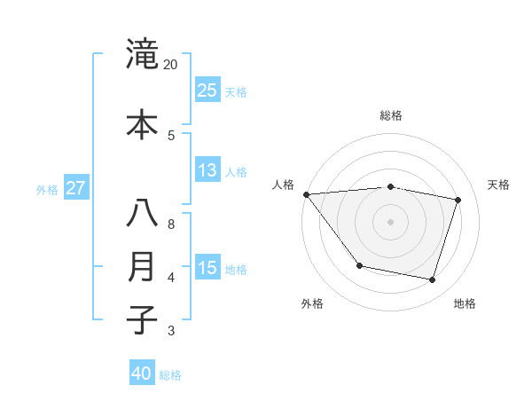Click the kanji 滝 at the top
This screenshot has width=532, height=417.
click(x=142, y=53)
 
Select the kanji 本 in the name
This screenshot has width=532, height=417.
click(x=142, y=123)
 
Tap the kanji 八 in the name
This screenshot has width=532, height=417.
click(x=142, y=214)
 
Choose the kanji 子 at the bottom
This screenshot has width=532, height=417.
click(x=142, y=319)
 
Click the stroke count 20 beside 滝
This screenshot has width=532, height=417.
click(x=171, y=65)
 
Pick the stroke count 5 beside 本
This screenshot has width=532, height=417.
click(x=171, y=135)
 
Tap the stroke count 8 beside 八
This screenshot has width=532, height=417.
click(x=171, y=224)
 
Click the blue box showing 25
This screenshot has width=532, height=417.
click(x=207, y=90)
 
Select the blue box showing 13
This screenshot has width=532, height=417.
click(x=207, y=170)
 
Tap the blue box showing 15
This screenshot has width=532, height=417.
click(x=207, y=268)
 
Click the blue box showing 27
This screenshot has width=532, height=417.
click(x=75, y=188)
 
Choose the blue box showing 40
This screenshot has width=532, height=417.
click(x=141, y=374)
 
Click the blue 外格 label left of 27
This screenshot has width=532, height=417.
click(x=47, y=189)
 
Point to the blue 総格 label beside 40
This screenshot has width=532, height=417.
click(x=170, y=375)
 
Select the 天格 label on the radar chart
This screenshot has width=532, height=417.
click(x=498, y=185)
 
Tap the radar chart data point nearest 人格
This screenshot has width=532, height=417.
click(x=307, y=194)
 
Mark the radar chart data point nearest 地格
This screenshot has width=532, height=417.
click(x=432, y=280)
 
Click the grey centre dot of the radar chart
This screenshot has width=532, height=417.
click(x=390, y=221)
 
